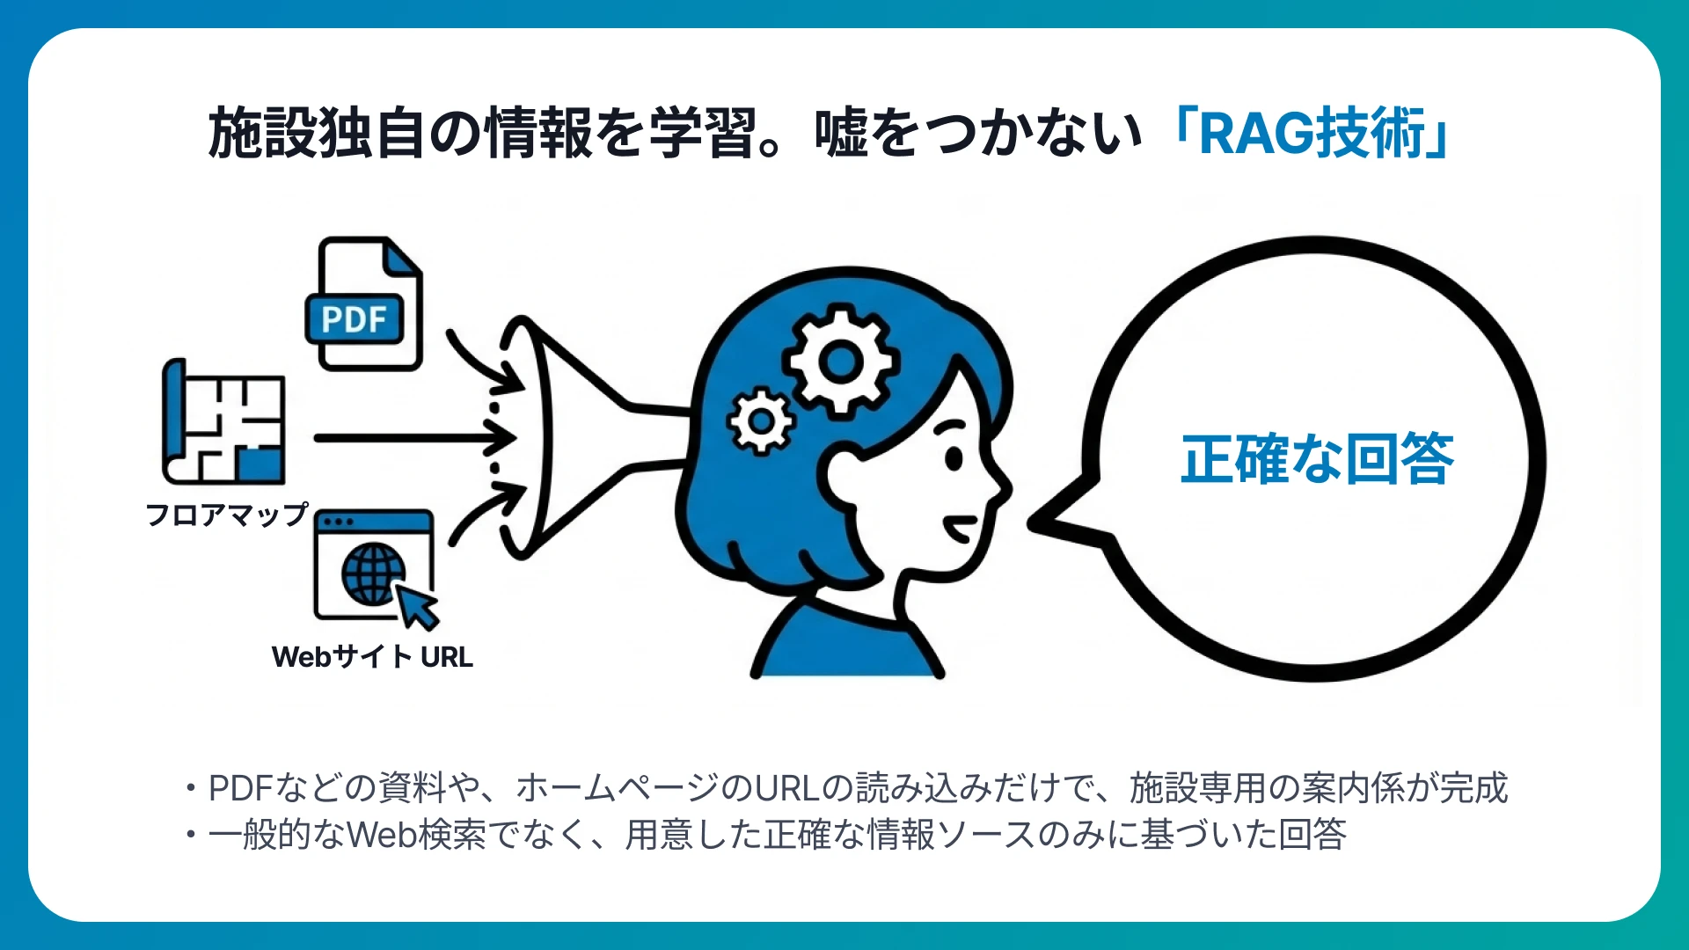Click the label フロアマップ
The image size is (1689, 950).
pyautogui.click(x=227, y=514)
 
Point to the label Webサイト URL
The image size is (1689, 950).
pyautogui.click(x=372, y=656)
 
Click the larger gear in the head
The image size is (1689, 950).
pyautogui.click(x=841, y=360)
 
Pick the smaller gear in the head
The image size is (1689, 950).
pyautogui.click(x=761, y=421)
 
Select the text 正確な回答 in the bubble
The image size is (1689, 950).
pyautogui.click(x=1317, y=459)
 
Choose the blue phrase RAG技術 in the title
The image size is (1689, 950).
pyautogui.click(x=1311, y=134)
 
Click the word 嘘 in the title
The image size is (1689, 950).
pyautogui.click(x=842, y=134)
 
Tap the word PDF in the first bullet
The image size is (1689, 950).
pyautogui.click(x=241, y=788)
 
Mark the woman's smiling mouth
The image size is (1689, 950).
pyautogui.click(x=961, y=529)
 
